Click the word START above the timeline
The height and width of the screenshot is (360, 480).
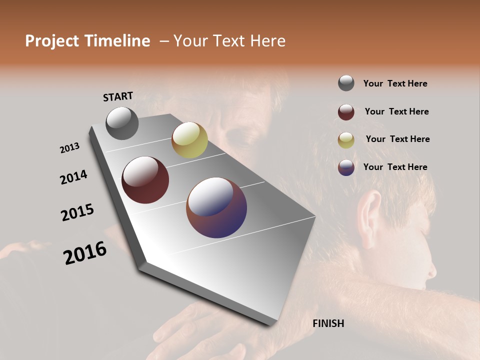[118, 96]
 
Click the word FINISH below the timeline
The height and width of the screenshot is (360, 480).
[328, 323]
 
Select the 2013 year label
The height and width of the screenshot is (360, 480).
[69, 148]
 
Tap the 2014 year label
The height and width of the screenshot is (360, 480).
[73, 177]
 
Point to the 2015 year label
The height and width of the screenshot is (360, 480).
[77, 212]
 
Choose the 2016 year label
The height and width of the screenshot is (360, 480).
[85, 252]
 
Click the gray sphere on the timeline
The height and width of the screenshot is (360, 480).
[122, 123]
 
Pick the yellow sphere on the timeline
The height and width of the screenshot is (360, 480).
[189, 139]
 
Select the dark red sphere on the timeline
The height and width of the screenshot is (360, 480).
[145, 180]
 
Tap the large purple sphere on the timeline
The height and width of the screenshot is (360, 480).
[216, 207]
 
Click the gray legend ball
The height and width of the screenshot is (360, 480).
[346, 83]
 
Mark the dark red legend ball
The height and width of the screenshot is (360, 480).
[346, 112]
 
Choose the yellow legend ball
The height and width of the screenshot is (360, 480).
[346, 140]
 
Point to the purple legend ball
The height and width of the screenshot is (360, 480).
[346, 167]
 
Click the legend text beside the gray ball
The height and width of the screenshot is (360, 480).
[395, 84]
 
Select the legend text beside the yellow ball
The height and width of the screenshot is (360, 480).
[397, 139]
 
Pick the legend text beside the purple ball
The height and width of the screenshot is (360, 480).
[395, 167]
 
